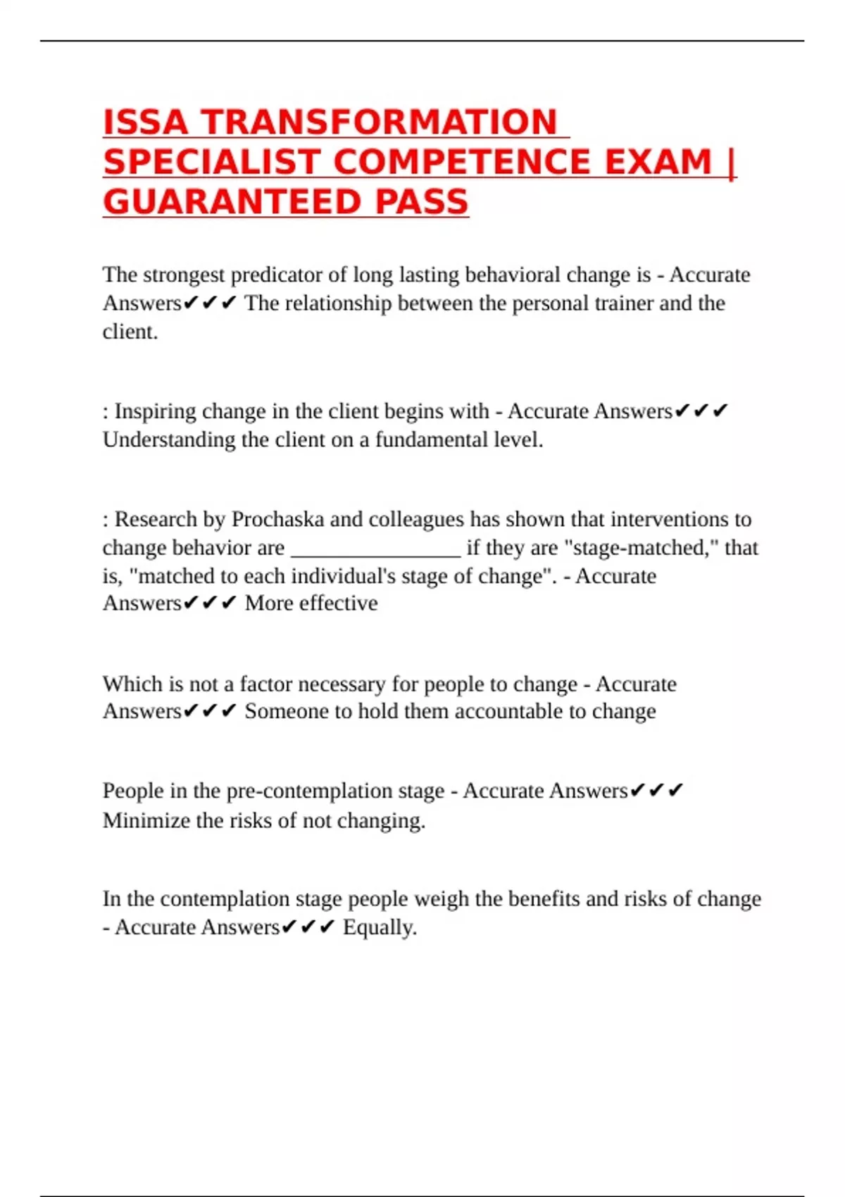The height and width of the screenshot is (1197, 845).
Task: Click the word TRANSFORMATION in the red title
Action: click(x=380, y=123)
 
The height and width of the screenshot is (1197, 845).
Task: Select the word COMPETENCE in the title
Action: click(x=461, y=163)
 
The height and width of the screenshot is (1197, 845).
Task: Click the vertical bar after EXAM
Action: click(x=731, y=163)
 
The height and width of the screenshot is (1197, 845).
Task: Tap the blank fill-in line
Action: click(x=376, y=549)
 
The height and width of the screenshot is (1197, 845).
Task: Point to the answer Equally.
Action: click(x=380, y=928)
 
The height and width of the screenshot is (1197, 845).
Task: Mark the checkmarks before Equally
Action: click(x=308, y=928)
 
